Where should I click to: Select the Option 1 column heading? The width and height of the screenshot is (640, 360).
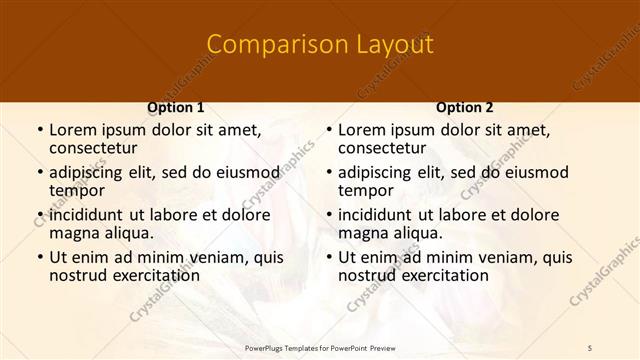175,107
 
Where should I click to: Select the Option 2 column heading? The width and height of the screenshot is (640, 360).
464,107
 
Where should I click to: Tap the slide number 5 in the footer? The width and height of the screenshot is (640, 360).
590,347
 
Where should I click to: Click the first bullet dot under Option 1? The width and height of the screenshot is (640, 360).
39,130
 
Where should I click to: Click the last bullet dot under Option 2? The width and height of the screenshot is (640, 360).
328,257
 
